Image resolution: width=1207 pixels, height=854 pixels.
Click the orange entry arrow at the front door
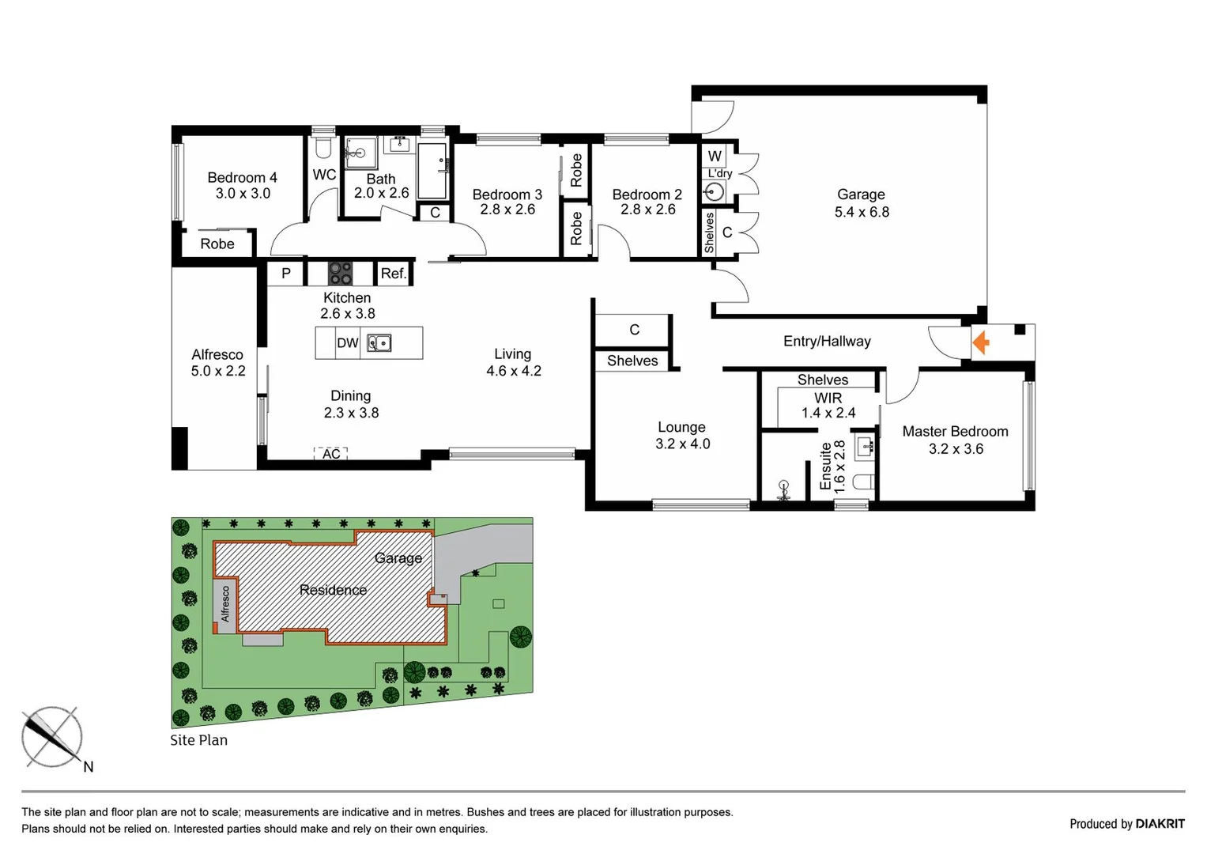click(981, 342)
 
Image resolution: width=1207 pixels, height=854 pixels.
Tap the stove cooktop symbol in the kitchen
click(340, 274)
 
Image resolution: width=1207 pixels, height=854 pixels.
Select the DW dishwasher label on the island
click(347, 343)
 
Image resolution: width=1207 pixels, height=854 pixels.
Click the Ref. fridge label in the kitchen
click(393, 274)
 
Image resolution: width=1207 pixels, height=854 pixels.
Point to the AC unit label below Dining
click(331, 454)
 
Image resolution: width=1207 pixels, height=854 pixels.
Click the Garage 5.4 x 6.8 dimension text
click(862, 212)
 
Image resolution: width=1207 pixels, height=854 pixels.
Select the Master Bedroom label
click(955, 431)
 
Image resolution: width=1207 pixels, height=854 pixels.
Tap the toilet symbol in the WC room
click(322, 148)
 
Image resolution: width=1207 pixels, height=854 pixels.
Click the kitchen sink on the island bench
click(379, 343)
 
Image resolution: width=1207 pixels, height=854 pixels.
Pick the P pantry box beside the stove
click(286, 274)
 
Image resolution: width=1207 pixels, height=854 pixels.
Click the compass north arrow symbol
click(51, 736)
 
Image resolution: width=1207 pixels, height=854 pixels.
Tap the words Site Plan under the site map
click(198, 740)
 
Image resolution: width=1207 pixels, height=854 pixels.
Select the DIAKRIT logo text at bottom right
click(1160, 824)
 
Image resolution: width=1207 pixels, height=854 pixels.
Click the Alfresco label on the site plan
click(225, 604)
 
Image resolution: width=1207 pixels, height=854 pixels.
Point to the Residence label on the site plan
click(333, 590)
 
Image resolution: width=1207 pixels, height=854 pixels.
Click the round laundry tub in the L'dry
click(715, 192)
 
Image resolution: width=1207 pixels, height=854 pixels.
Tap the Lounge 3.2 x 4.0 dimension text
click(682, 444)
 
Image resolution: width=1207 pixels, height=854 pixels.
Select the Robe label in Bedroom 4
click(217, 244)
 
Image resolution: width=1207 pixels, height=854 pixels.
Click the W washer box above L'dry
click(715, 156)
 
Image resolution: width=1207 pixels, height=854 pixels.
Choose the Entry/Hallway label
click(827, 341)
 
